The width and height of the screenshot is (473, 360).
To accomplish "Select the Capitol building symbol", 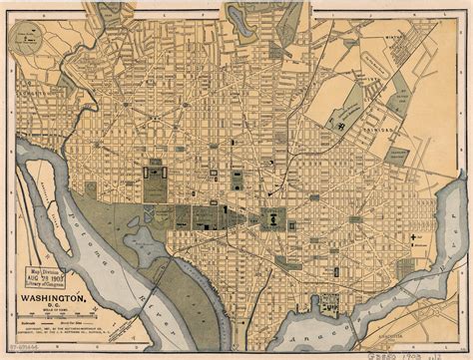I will point(271,215).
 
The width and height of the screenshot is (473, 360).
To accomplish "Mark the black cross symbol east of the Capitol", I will point(412,237).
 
